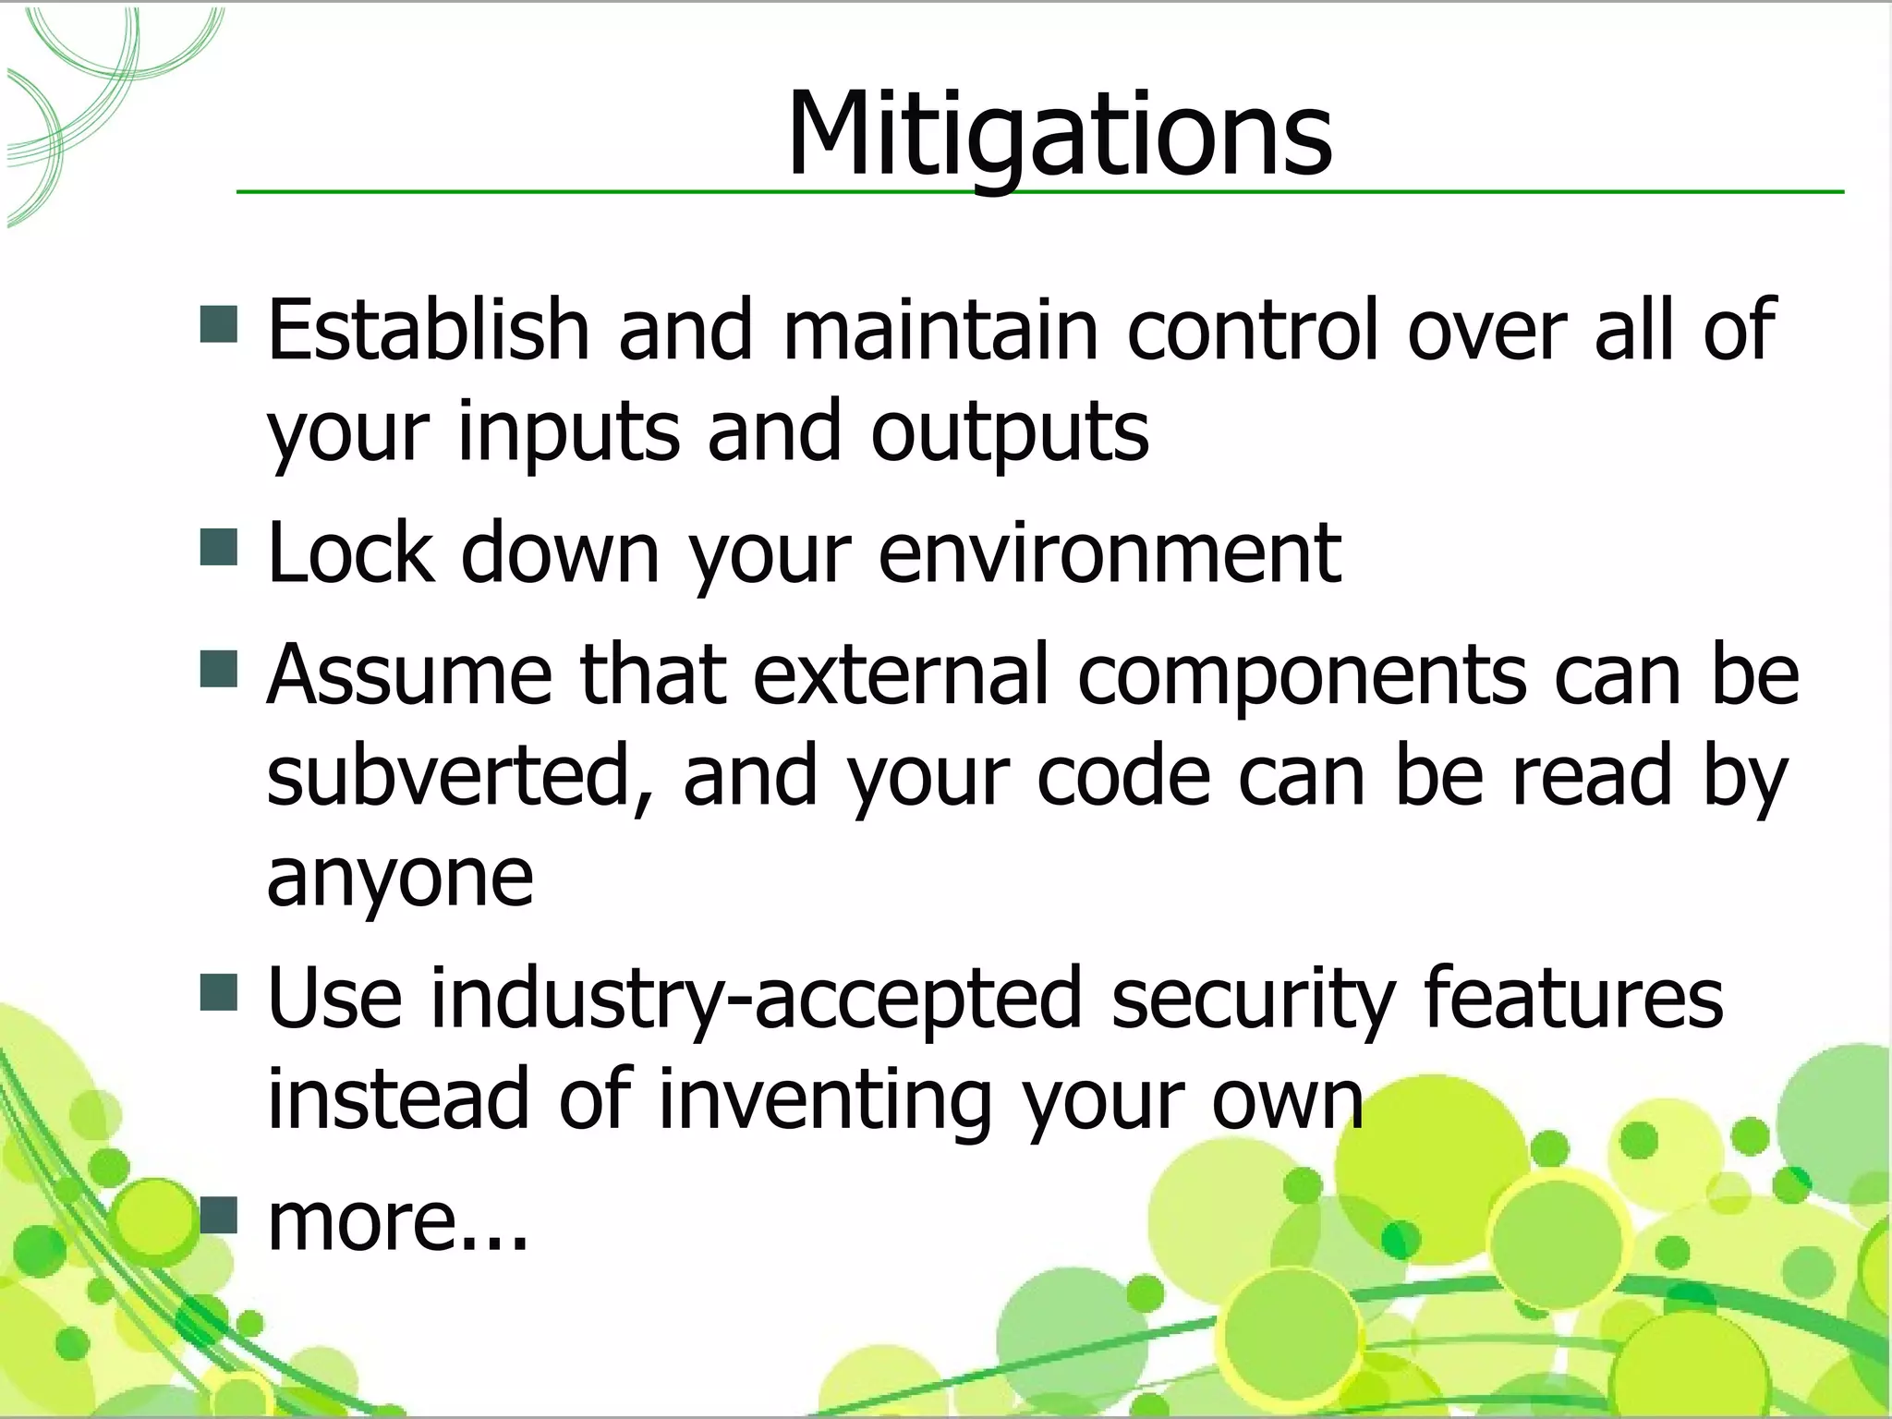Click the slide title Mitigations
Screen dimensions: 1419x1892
[1059, 136]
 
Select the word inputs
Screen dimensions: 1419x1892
[568, 431]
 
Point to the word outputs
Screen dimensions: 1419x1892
[1009, 431]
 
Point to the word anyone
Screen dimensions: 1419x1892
[399, 878]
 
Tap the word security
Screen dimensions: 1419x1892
[1251, 998]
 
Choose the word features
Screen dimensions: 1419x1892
[1572, 998]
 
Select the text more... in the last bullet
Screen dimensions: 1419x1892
[397, 1221]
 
